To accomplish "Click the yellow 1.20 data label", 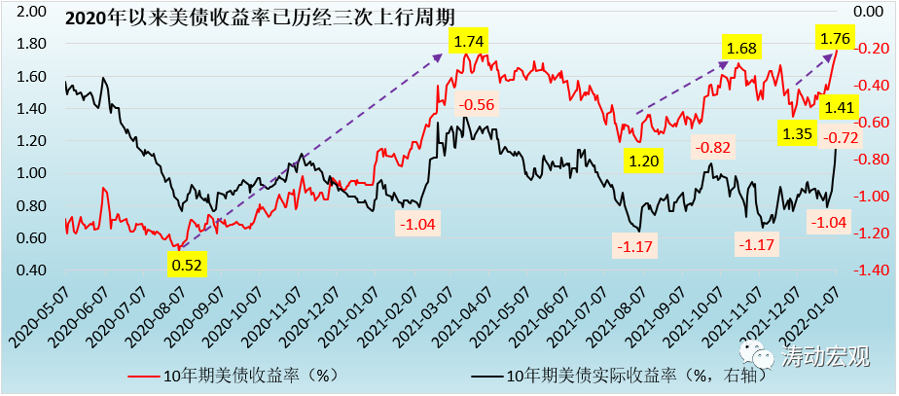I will tap(644, 161).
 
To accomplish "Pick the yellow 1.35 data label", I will tap(796, 133).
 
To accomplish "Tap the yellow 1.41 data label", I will tap(839, 107).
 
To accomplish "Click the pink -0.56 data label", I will tap(476, 104).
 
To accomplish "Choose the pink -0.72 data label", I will tap(839, 137).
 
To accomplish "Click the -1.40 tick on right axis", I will tap(868, 270).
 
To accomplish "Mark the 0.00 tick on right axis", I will tap(868, 12).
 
